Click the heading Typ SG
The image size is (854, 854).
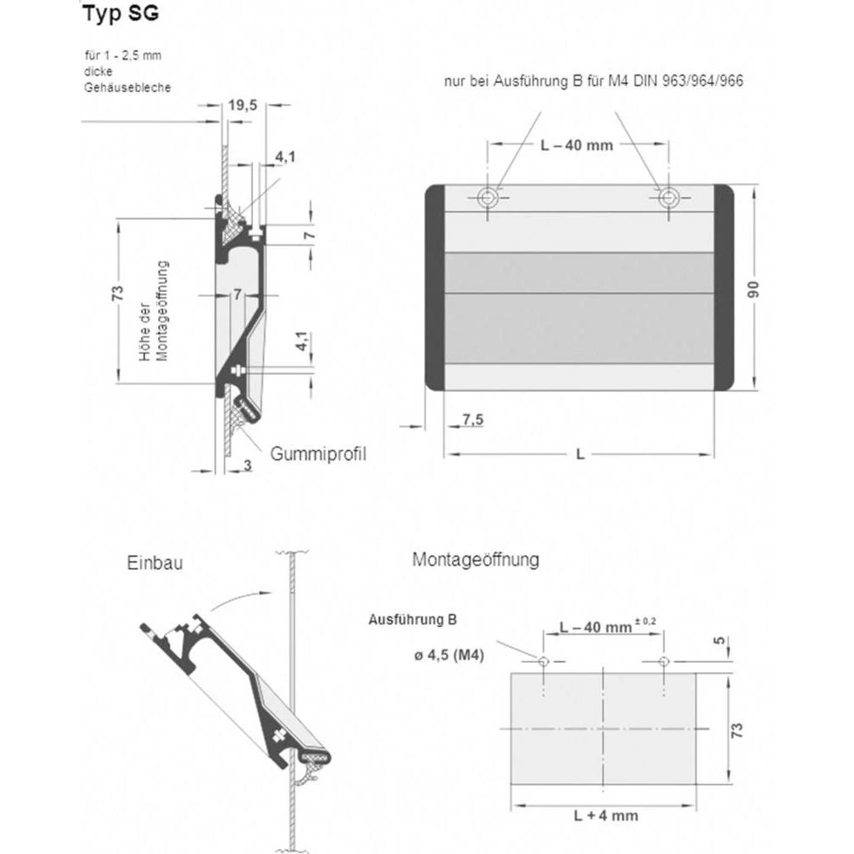[x=120, y=15]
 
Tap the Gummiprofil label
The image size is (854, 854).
[x=319, y=453]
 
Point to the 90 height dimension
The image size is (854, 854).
[x=754, y=290]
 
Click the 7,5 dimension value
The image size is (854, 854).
[x=473, y=419]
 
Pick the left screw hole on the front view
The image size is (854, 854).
[x=488, y=198]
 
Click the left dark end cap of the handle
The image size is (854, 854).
[x=435, y=288]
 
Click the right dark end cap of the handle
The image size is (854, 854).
[x=724, y=288]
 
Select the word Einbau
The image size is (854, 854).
[x=155, y=564]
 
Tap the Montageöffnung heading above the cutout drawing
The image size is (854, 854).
[x=476, y=560]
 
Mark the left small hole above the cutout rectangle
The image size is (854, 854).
[x=543, y=661]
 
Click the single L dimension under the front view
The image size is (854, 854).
[x=580, y=454]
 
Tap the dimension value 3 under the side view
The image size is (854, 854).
[x=247, y=465]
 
